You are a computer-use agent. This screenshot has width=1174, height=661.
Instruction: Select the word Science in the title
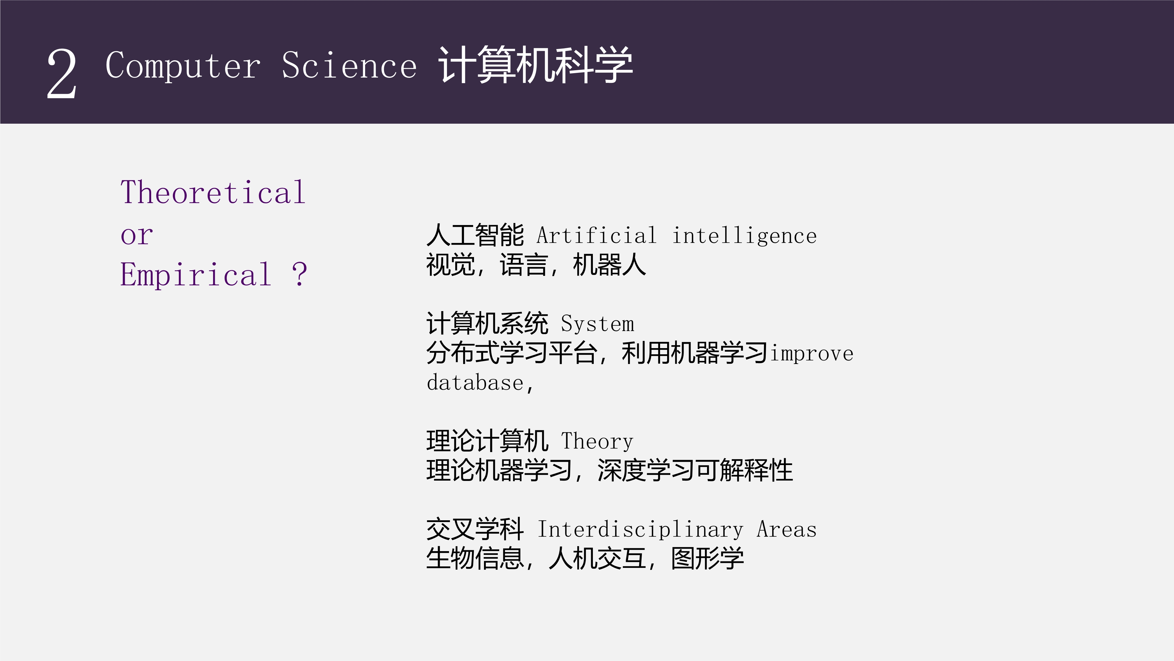[x=349, y=65]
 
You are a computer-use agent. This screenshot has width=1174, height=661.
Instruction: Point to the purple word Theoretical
[x=213, y=192]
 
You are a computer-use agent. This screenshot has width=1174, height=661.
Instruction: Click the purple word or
[x=137, y=235]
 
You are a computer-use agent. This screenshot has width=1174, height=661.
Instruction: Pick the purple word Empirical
[x=195, y=275]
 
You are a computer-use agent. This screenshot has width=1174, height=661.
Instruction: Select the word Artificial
[x=597, y=235]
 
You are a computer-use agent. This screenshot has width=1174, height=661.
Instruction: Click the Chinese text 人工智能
[x=475, y=235]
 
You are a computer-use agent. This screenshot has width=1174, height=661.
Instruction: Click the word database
[x=475, y=382]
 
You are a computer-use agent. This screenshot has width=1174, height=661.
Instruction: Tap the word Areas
[x=787, y=529]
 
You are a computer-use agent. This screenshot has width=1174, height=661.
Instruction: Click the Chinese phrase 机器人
[x=609, y=265]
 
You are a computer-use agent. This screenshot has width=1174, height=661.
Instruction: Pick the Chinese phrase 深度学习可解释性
[x=695, y=470]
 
